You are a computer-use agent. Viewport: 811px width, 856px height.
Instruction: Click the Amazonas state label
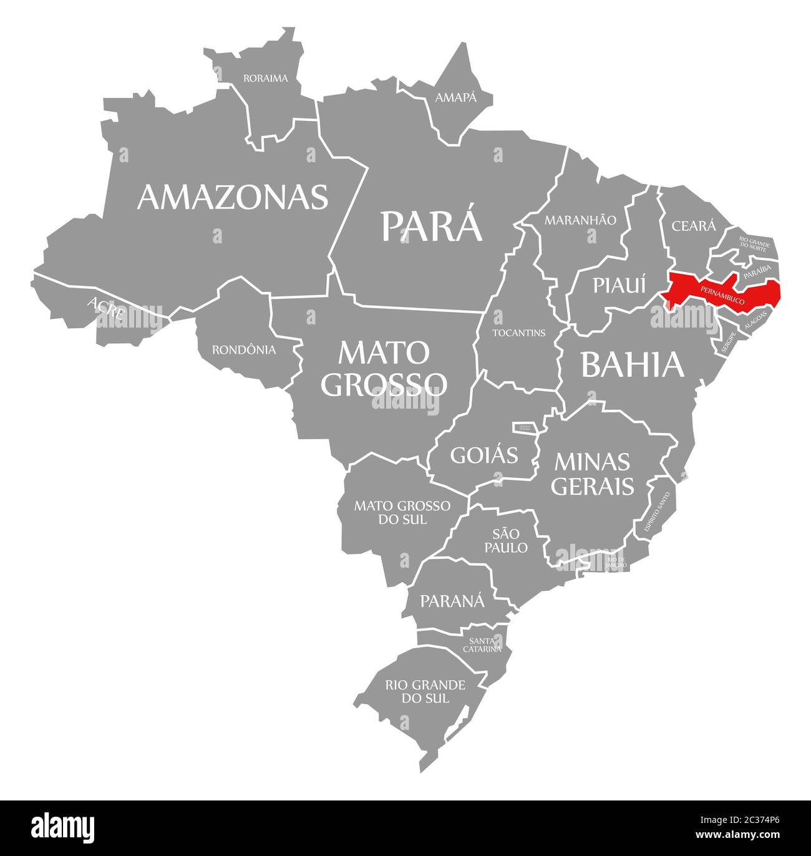233,197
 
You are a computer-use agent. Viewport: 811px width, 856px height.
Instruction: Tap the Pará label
432,226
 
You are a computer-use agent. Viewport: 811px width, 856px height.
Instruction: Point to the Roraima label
266,79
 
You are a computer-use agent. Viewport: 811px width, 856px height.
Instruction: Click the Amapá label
455,97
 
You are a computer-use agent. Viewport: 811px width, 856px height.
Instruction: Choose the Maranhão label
580,220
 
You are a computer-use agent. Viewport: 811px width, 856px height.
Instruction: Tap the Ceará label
694,226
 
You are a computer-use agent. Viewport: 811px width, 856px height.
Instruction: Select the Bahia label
633,365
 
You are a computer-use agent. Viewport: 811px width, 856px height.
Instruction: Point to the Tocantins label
519,333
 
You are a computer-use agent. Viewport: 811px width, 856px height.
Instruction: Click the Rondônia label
244,350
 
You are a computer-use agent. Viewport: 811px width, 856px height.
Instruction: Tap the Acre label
106,308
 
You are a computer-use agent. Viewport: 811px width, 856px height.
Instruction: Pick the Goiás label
484,455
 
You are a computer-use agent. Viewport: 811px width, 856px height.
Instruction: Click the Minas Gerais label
592,474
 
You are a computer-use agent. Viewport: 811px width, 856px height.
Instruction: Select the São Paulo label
510,540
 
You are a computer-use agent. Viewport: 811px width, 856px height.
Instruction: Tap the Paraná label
452,601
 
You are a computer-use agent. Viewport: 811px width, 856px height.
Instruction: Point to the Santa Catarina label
482,644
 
